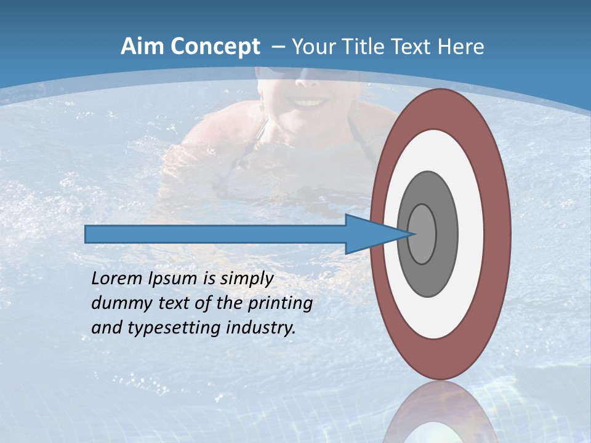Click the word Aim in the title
coord(142,47)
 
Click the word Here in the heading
coord(460,47)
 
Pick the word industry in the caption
coord(261,328)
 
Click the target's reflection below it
coord(441,415)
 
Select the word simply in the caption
coord(246,279)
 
